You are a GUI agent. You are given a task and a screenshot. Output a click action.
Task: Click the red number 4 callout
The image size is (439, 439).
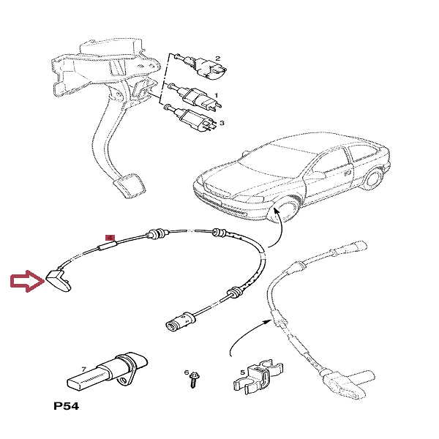[110, 238]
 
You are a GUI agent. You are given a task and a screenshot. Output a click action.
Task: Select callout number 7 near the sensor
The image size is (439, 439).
[84, 369]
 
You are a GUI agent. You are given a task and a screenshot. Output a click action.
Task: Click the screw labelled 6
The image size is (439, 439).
[195, 380]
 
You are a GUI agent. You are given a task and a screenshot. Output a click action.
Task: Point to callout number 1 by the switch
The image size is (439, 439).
[217, 95]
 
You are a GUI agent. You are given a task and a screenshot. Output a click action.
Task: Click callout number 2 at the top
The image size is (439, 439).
[217, 58]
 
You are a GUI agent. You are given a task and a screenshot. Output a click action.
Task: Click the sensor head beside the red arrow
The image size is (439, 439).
[59, 277]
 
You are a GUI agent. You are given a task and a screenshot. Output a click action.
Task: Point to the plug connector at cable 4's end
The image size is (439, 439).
[176, 320]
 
